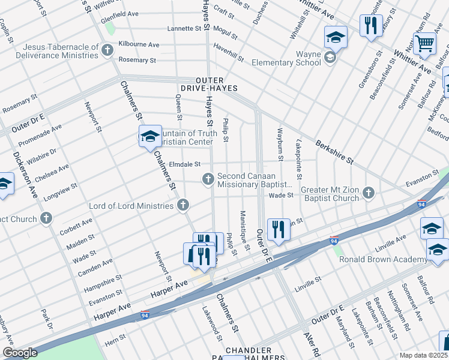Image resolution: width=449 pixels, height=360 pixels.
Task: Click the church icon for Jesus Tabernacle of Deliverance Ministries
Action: click(x=107, y=49)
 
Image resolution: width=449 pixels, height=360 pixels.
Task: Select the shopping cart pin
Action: click(x=424, y=43)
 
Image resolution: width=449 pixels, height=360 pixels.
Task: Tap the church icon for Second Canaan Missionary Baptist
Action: click(x=208, y=178)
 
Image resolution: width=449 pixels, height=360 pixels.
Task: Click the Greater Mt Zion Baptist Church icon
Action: click(x=369, y=193)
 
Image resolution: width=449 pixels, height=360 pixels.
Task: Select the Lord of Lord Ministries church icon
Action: click(x=183, y=206)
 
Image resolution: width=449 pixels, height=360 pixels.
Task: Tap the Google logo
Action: click(x=20, y=353)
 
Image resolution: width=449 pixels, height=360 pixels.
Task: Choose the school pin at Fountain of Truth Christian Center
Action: click(x=149, y=137)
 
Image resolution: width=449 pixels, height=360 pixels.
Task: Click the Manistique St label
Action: click(x=244, y=230)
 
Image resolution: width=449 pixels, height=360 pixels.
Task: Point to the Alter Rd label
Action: click(x=310, y=344)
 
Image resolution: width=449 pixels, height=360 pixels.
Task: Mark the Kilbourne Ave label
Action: click(x=139, y=44)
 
